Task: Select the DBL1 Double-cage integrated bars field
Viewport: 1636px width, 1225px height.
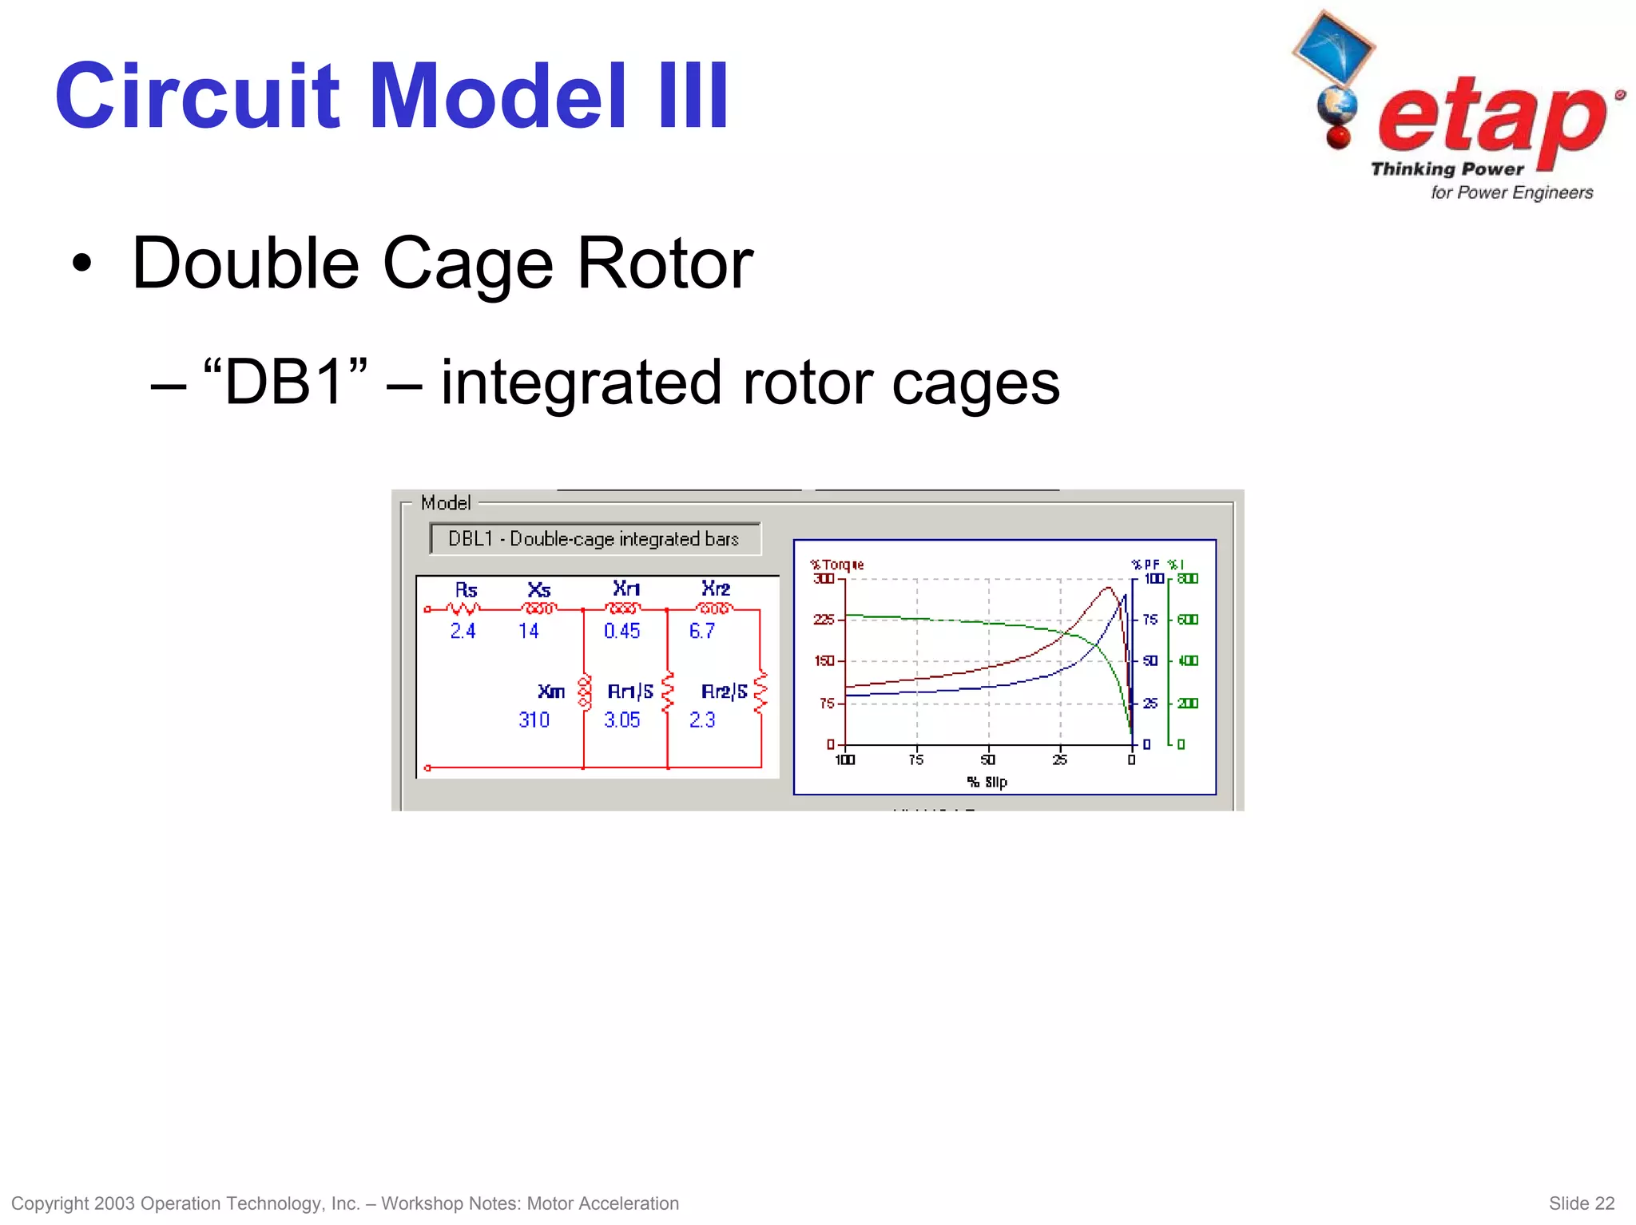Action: coord(594,539)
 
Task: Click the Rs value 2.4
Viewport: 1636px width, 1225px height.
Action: coord(463,631)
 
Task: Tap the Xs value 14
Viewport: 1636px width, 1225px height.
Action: coord(528,631)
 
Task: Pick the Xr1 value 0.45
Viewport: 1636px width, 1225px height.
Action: coord(621,631)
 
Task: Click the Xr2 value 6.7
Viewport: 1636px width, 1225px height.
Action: coord(701,631)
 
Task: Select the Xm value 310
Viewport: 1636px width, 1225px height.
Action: coord(534,720)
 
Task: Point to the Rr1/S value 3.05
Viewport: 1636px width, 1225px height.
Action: coord(621,720)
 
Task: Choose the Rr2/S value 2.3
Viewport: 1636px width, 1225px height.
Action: coord(701,720)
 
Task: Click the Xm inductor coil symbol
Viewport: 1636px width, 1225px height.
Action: coord(585,692)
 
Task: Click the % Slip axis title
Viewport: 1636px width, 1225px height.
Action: coord(987,782)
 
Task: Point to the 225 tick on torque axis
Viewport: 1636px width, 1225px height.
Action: coord(823,620)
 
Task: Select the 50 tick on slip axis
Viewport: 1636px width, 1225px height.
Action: coord(988,759)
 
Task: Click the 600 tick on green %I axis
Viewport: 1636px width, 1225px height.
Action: coord(1188,620)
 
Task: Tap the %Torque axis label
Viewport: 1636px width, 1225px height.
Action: coord(836,565)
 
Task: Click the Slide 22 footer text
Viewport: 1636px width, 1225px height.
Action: coord(1581,1203)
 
